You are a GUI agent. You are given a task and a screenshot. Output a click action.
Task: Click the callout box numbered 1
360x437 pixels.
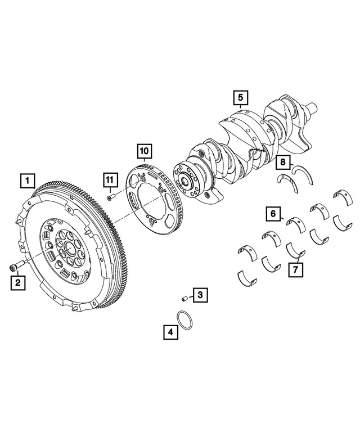(x=26, y=181)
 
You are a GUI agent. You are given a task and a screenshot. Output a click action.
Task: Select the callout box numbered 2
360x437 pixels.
(x=18, y=282)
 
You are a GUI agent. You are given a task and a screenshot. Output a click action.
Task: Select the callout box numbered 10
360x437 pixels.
(x=144, y=151)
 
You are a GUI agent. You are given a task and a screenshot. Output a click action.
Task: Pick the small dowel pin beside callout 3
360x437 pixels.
(x=183, y=297)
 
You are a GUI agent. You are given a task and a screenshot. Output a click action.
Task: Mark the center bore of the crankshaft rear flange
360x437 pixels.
(x=184, y=181)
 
